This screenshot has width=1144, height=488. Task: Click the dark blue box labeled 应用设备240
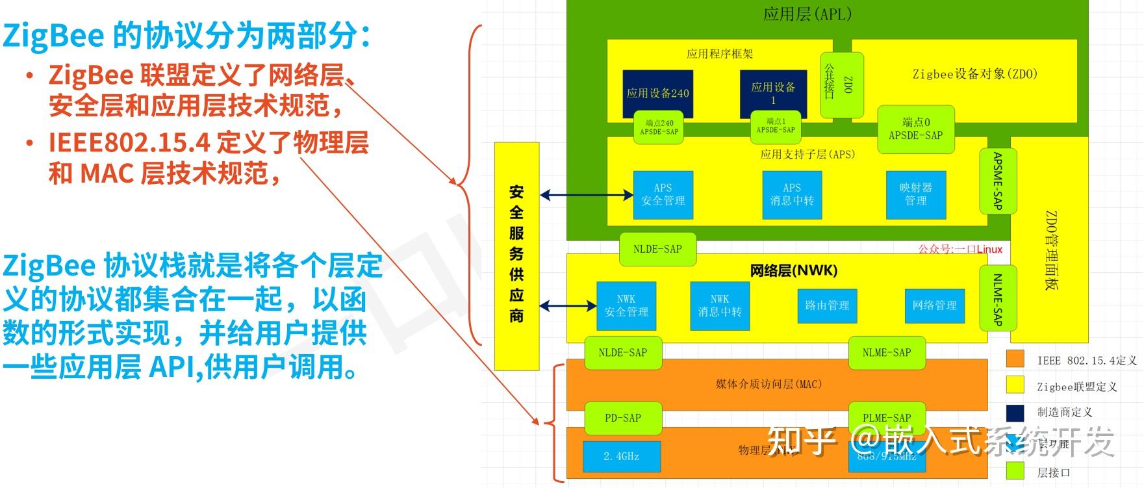pos(657,94)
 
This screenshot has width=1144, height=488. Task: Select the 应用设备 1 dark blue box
pos(773,93)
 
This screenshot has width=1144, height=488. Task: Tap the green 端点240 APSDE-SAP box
pos(659,127)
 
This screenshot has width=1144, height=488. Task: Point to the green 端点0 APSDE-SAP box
pos(915,129)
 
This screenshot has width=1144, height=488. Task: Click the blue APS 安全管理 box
pos(663,194)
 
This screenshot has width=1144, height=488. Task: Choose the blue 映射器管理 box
pos(915,194)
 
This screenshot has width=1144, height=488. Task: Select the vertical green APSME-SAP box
pos(997,181)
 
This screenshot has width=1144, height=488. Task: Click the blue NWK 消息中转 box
pos(719,305)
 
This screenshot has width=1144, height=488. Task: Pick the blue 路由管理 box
pos(826,305)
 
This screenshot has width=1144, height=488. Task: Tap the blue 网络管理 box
pos(934,305)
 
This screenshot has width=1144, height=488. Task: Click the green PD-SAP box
pos(622,418)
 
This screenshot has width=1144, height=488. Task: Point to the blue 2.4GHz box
pos(621,456)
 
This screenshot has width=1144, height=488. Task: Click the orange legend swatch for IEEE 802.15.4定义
pos(1015,359)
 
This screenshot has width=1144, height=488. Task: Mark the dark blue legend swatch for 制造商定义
pos(1015,412)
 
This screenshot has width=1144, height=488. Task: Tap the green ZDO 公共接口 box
pos(841,84)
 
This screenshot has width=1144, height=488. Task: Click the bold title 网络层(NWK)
pos(793,270)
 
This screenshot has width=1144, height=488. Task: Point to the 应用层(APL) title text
pos(807,14)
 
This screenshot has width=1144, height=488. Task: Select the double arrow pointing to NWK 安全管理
pos(568,305)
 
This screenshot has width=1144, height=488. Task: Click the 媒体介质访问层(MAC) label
pos(769,384)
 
